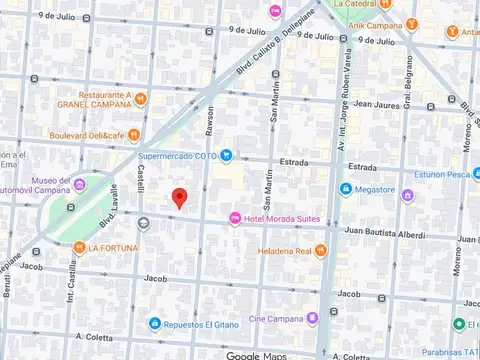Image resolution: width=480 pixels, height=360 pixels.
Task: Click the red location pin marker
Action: [x=179, y=198]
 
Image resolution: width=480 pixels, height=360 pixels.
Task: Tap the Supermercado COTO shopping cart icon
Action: [x=227, y=155]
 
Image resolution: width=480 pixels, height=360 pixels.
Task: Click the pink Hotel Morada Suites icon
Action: [x=235, y=218]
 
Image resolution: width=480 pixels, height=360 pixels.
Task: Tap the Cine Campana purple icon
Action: [x=313, y=318]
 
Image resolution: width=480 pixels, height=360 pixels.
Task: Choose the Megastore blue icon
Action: [x=346, y=189]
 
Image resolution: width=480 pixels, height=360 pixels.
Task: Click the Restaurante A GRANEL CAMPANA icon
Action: [x=141, y=98]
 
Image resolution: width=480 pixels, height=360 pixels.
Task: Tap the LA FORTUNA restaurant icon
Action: [x=78, y=247]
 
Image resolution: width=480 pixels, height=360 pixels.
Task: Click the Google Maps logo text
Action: [x=257, y=355]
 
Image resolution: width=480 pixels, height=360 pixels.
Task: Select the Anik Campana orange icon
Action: [x=413, y=25]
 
